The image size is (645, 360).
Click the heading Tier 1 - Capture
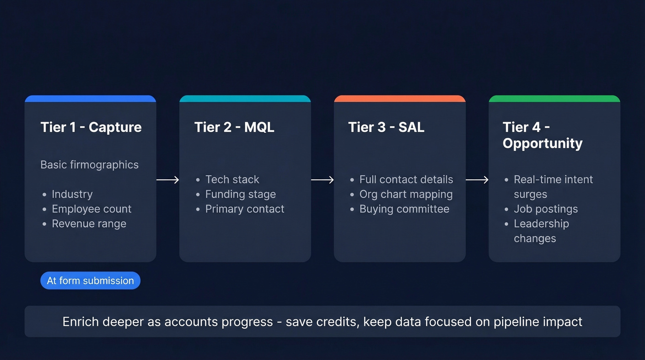pos(91,127)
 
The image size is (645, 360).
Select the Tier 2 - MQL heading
pos(234,127)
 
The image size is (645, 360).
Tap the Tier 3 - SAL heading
pos(386,127)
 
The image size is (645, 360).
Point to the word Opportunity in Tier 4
pos(542,143)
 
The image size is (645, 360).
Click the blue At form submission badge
pos(90,281)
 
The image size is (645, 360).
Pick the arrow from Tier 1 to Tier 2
pos(168,180)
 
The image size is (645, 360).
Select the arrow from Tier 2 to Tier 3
pos(322,180)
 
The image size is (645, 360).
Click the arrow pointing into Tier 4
pos(477,180)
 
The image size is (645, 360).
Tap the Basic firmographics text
pos(89,165)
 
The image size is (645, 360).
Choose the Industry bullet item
pos(72,195)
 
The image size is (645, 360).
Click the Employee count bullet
pos(91,209)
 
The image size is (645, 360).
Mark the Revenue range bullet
pos(89,224)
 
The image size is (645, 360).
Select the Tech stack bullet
pos(232,180)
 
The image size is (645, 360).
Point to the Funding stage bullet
pos(240,195)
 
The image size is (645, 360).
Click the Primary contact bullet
pos(245,209)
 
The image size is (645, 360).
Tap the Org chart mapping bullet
pos(406,195)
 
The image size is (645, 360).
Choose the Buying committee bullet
pos(404,209)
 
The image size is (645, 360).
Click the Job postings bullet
pos(545,209)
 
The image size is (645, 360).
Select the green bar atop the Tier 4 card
pos(554,99)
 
